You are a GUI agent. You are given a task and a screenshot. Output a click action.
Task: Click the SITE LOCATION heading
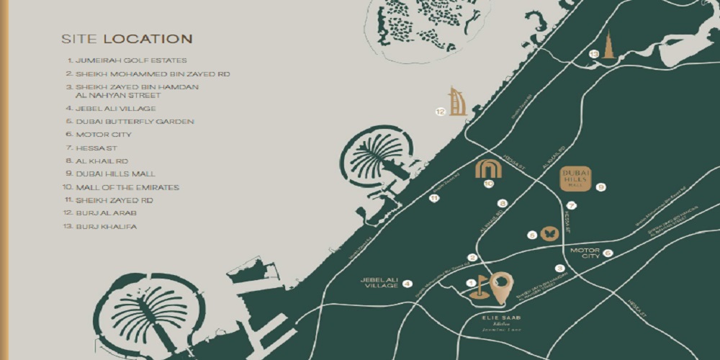tap(126, 39)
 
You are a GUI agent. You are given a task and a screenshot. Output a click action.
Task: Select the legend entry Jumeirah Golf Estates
tap(126, 61)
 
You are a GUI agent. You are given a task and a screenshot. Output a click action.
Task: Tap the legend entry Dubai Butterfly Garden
tap(130, 122)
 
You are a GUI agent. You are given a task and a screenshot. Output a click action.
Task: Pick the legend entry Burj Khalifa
tap(106, 227)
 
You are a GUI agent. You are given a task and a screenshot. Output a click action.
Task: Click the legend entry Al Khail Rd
tap(102, 161)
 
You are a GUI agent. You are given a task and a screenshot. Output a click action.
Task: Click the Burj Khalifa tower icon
tap(608, 45)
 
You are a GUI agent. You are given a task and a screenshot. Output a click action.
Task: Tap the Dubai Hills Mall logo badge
tap(575, 179)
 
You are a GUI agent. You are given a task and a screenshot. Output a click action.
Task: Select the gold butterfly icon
tap(549, 233)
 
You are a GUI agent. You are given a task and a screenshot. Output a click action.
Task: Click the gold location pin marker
tap(502, 287)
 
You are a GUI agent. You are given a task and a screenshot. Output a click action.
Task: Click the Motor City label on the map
tap(585, 253)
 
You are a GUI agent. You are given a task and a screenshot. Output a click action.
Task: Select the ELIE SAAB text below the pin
tap(501, 317)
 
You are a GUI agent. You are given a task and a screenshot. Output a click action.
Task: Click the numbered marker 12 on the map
tap(440, 112)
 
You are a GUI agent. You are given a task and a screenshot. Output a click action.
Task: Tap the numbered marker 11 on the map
tap(433, 198)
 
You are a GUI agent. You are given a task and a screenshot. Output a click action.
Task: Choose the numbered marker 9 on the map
tap(600, 187)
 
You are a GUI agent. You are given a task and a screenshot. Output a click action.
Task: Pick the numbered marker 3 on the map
tap(559, 268)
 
